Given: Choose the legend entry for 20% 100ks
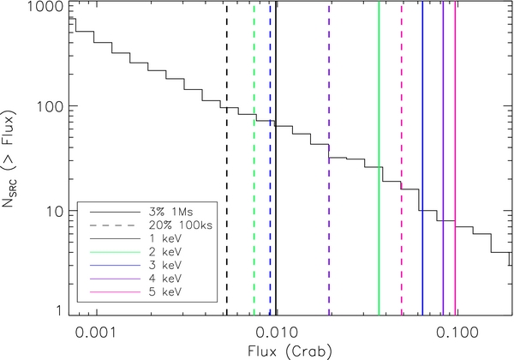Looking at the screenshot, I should coord(154,223).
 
